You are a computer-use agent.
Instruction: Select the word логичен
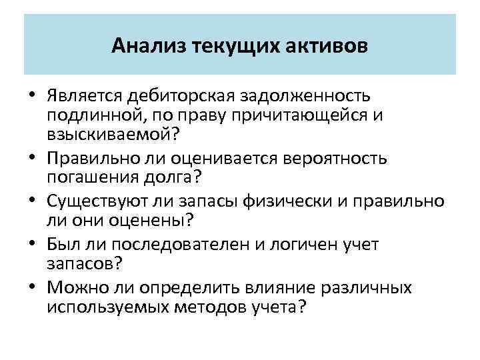[301, 245]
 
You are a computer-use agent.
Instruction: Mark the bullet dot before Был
[31, 245]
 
